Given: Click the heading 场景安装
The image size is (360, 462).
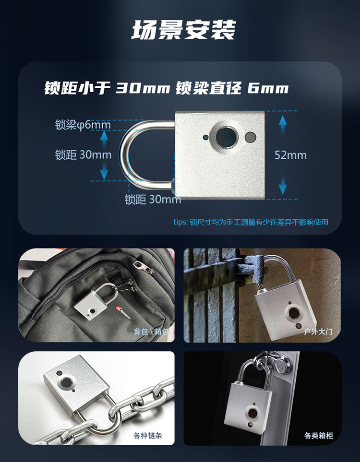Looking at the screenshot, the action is tap(183, 30).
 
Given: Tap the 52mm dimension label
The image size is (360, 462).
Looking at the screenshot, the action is tap(290, 155).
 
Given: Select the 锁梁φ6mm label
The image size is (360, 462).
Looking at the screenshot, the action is tap(83, 125).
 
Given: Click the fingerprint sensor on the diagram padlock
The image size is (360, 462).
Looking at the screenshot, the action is tap(227, 137).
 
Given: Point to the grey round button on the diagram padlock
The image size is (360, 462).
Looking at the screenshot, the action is tap(250, 137).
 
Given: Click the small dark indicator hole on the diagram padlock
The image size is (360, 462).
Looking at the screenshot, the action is tap(205, 137).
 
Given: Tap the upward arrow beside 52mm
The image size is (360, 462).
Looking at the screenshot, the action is tap(282, 125).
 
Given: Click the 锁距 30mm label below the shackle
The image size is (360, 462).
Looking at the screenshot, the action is tap(153, 200).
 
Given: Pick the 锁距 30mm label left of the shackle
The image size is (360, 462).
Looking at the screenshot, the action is tap(83, 155).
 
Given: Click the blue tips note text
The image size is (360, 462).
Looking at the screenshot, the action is tap(251, 222).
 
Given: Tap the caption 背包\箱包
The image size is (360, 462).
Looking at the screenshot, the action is tap(151, 332).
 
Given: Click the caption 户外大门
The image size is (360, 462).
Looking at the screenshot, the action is tap(318, 332).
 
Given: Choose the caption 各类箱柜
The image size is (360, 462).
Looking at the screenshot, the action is tap(318, 436).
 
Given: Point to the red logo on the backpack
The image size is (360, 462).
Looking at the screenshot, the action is tap(119, 309).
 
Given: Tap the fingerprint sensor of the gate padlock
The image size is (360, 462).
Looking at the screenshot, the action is tap(294, 313).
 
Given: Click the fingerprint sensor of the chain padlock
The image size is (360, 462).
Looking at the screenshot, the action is tap(67, 383).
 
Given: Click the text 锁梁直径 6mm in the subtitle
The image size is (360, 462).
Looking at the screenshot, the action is tap(232, 89).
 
